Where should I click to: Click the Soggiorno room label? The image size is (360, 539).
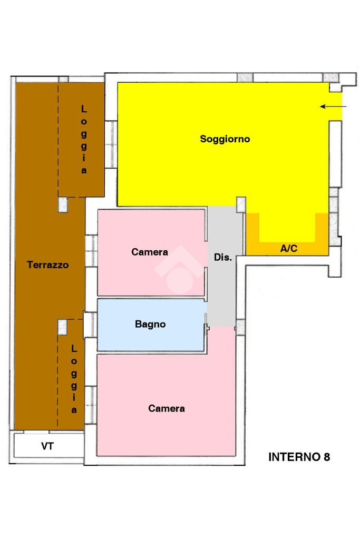point(225,139)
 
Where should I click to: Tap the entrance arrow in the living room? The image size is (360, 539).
point(333,106)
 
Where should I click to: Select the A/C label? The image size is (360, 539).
point(289,248)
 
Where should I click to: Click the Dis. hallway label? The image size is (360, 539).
point(223,257)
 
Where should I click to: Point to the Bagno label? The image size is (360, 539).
point(150,324)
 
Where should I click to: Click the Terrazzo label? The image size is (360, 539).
point(48,264)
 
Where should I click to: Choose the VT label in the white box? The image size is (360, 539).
point(47,446)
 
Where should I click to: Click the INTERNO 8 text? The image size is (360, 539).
point(299,457)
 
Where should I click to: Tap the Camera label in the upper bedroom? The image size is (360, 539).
point(150,252)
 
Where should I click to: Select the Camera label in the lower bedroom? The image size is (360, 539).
point(167,408)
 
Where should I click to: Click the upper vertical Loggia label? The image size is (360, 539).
point(84,140)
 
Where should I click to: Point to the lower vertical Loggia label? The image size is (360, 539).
point(74,379)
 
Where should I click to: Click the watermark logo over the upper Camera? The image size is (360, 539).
point(179,269)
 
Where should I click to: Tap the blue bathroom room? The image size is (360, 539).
point(151,325)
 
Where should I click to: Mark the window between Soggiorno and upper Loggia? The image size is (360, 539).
point(111,144)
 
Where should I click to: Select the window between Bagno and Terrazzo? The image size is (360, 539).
point(91,325)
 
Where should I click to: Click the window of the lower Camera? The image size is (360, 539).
point(91,405)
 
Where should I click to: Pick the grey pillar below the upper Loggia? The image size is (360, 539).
point(63,204)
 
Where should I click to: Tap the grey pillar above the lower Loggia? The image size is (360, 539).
point(62,327)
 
